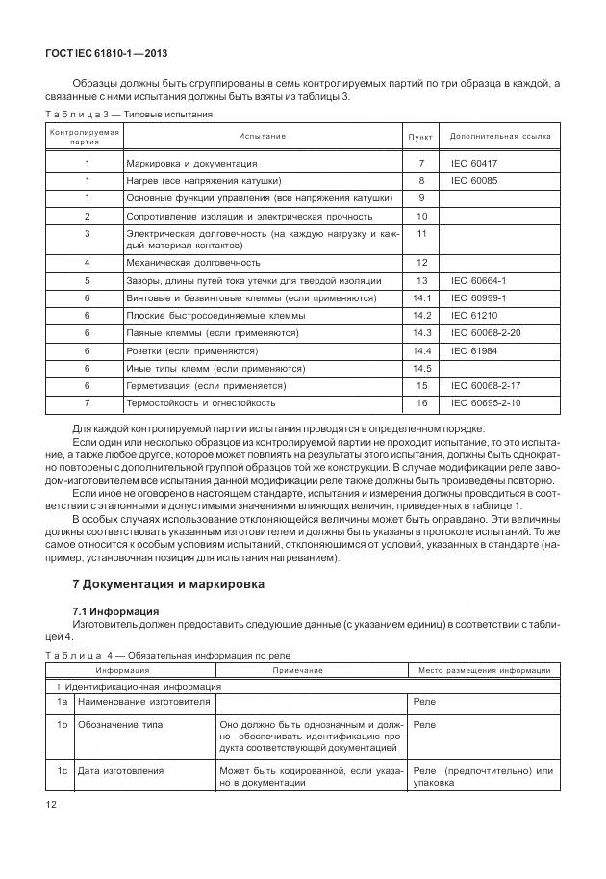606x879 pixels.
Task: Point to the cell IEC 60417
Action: tap(474, 164)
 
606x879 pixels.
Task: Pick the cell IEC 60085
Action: tap(474, 180)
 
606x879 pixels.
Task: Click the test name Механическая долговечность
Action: tap(193, 262)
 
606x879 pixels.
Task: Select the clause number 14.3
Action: tap(421, 332)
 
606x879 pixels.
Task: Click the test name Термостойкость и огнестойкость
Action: tap(201, 402)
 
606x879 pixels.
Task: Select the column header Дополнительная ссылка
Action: tap(500, 136)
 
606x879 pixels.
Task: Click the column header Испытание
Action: tap(263, 136)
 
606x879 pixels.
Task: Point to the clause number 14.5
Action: tap(421, 368)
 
